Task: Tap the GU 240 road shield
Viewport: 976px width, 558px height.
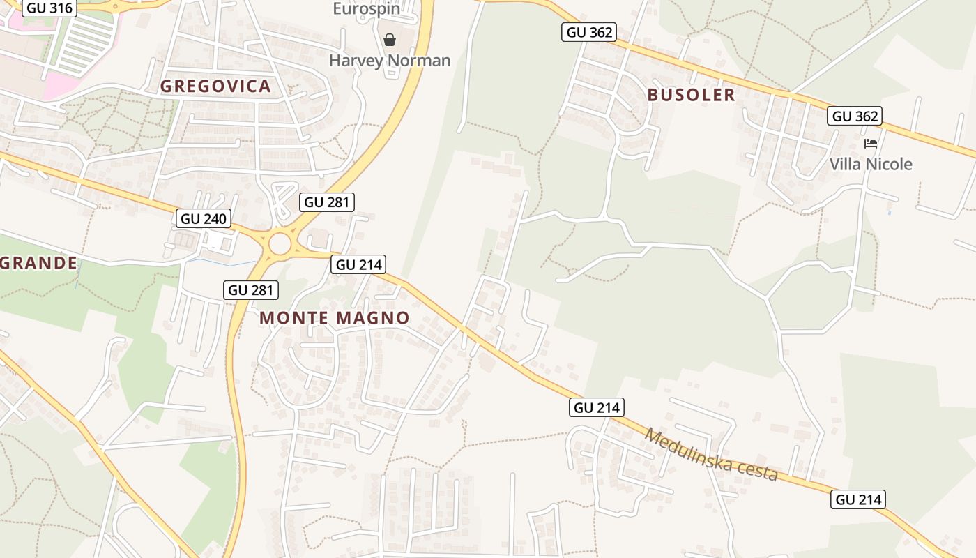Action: tap(203, 218)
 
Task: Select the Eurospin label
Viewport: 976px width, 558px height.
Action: tap(366, 8)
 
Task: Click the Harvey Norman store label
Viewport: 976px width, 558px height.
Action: tap(390, 61)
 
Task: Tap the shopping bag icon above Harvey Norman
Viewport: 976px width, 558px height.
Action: tap(390, 40)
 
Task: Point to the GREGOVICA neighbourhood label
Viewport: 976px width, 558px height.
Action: tap(215, 86)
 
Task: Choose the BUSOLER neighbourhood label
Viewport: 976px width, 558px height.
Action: tap(691, 95)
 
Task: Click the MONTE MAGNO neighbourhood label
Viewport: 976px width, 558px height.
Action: tap(335, 318)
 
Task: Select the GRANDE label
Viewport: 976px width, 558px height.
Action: tap(38, 263)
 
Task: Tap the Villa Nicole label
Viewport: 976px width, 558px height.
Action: tap(871, 164)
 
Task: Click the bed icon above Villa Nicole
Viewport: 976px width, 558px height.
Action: tap(871, 144)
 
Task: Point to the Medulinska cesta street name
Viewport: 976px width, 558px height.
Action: tap(710, 454)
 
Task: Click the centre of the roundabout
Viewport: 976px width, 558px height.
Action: tap(280, 244)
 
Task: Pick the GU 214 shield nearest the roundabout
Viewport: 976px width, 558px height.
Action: tap(359, 264)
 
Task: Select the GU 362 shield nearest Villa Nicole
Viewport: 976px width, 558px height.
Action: tap(855, 116)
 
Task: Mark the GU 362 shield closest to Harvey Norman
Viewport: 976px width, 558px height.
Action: tap(589, 32)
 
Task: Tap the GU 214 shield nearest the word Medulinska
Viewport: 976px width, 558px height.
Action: tap(597, 407)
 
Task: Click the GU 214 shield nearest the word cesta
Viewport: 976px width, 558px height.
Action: tap(858, 499)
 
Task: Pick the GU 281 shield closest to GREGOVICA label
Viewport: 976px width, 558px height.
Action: tap(327, 202)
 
